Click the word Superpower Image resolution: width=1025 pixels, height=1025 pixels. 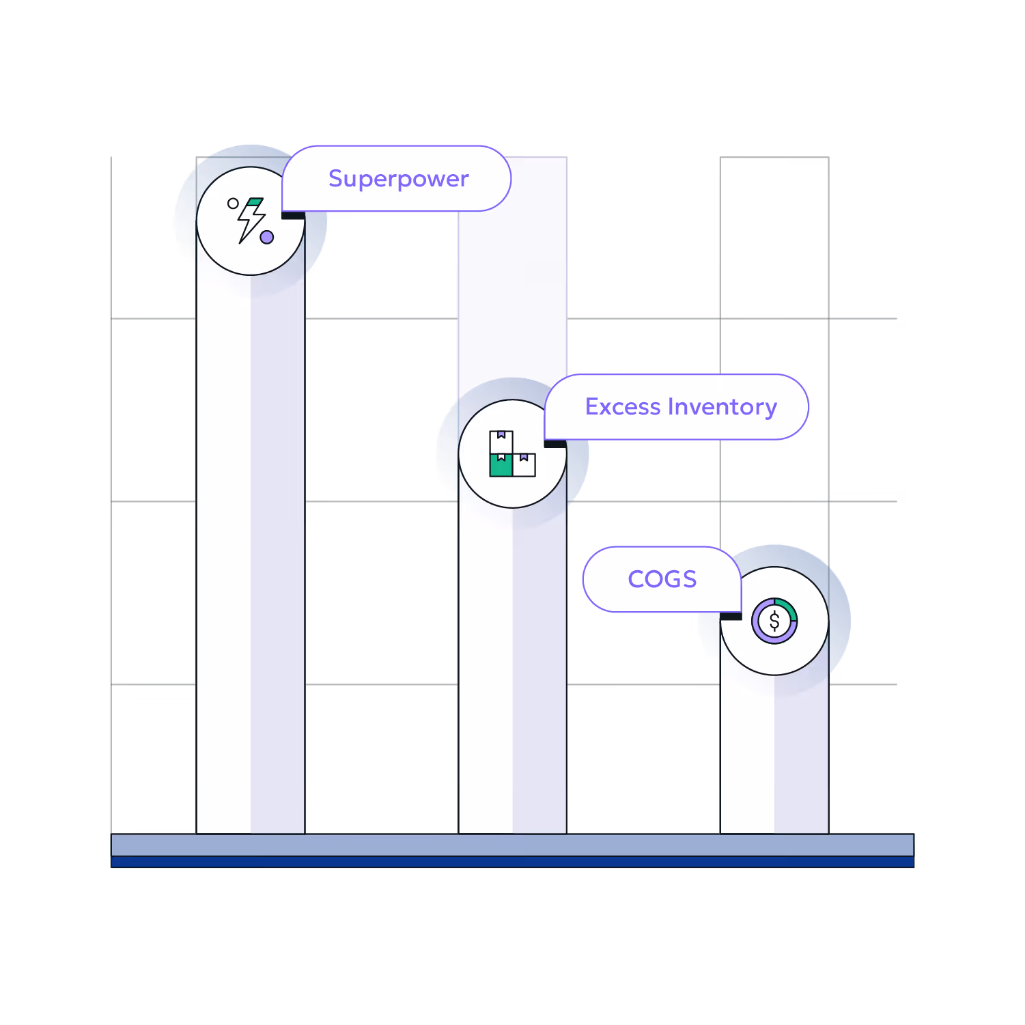399,179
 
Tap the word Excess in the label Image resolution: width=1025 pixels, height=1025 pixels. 623,407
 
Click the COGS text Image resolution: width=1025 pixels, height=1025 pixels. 662,579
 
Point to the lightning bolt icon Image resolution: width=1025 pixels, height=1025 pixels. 251,220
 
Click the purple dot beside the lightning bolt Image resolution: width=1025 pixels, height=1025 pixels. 267,237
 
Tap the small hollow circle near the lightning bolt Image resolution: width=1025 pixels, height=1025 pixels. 233,203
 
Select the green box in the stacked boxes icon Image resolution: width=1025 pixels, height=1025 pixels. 501,465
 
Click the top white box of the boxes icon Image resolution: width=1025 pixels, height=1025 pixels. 501,442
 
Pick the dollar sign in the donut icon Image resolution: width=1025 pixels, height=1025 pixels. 774,621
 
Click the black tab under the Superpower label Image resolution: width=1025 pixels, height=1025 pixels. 293,216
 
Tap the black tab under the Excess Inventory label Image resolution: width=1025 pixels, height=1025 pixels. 555,444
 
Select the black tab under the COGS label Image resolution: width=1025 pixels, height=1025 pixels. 731,616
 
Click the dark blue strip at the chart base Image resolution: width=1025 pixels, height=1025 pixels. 512,862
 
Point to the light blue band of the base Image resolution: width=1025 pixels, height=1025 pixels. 512,845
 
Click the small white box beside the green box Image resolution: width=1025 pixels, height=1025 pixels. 524,465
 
